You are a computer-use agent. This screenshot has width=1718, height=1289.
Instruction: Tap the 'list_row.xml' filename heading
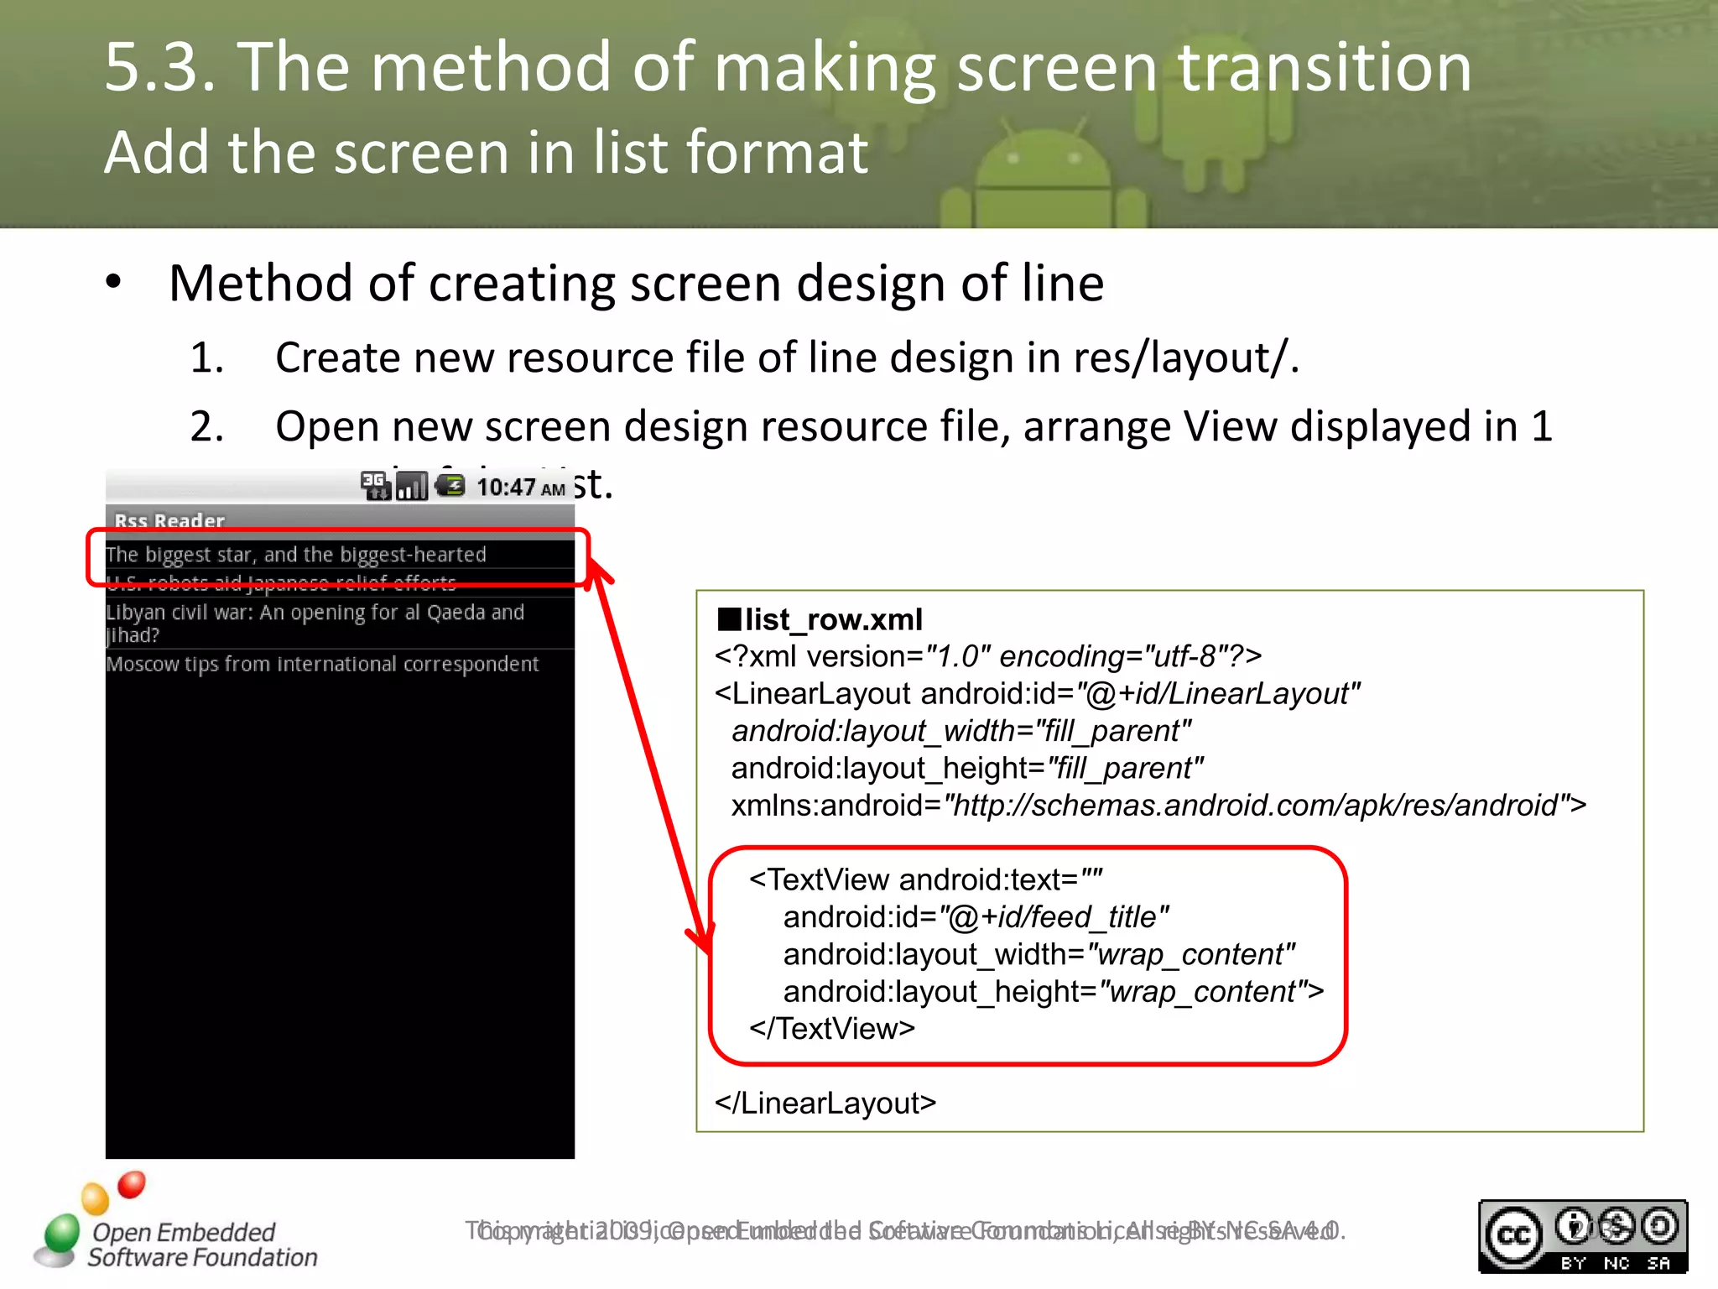point(832,619)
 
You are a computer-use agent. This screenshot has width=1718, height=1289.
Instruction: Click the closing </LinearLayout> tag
point(825,1103)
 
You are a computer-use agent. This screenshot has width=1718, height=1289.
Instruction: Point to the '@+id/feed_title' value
point(1054,917)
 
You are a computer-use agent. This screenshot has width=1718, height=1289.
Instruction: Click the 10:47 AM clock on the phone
point(520,487)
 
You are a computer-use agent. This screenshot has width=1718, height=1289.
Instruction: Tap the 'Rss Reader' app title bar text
point(169,520)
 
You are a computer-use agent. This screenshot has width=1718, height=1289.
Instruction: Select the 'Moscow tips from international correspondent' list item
point(322,664)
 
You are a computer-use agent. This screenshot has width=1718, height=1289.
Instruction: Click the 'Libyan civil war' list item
point(315,623)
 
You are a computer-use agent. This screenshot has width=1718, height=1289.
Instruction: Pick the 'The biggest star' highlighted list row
point(296,555)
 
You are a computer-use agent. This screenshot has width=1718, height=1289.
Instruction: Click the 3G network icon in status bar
point(374,484)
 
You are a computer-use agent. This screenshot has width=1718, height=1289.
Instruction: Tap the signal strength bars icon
point(411,486)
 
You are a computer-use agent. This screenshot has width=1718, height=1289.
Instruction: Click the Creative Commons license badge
point(1582,1236)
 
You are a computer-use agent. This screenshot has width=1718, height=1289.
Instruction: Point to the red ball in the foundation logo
point(132,1184)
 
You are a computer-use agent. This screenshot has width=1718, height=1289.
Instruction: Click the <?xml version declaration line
point(988,656)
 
